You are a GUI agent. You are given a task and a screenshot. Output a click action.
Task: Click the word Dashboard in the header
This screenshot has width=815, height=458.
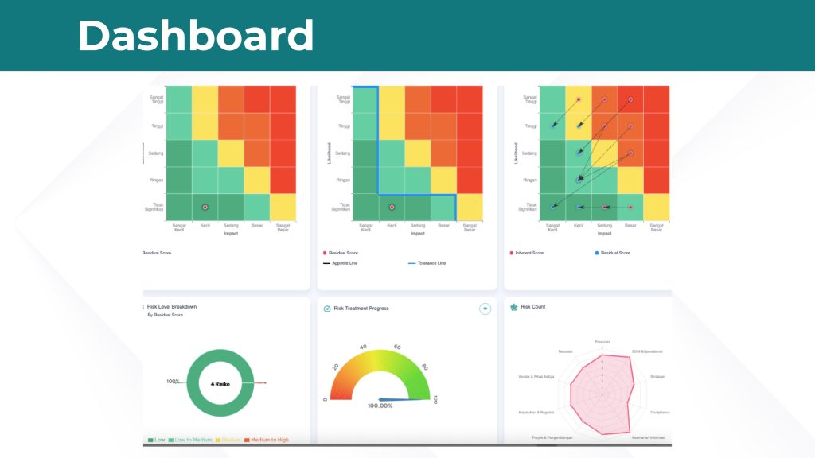pyautogui.click(x=195, y=36)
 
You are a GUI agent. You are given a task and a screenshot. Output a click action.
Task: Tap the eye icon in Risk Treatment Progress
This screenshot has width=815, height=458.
pyautogui.click(x=485, y=309)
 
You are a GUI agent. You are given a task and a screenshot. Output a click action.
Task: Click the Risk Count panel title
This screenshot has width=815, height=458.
pyautogui.click(x=532, y=306)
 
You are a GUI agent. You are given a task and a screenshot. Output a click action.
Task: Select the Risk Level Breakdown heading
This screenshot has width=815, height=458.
pyautogui.click(x=172, y=306)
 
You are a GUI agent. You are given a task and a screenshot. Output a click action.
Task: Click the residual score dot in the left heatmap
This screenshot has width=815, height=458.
pyautogui.click(x=205, y=207)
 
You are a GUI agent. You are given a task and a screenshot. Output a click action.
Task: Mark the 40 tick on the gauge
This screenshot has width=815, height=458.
pyautogui.click(x=364, y=347)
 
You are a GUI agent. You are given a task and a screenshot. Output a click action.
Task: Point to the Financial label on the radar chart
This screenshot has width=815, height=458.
pyautogui.click(x=602, y=341)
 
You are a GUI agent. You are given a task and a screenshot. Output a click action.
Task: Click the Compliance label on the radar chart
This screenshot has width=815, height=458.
pyautogui.click(x=659, y=412)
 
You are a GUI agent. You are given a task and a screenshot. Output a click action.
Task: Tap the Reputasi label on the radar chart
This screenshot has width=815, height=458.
pyautogui.click(x=565, y=351)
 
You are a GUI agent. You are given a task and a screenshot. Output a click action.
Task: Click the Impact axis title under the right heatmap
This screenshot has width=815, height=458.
pyautogui.click(x=604, y=234)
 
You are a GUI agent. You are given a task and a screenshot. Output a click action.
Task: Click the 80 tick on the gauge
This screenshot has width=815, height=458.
pyautogui.click(x=425, y=367)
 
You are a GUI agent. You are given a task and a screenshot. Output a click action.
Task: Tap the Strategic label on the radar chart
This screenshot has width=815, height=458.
pyautogui.click(x=657, y=376)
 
